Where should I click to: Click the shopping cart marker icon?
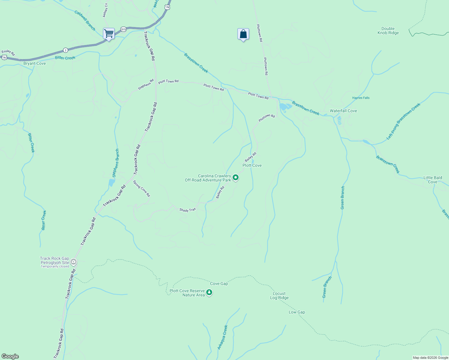[109, 34]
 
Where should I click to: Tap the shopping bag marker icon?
[243, 34]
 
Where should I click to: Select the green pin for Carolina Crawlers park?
[236, 178]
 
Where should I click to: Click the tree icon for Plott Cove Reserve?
[209, 292]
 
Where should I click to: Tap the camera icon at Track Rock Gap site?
[74, 262]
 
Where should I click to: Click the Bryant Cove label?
[35, 64]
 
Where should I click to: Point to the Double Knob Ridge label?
[388, 31]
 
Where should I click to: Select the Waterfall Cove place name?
[343, 111]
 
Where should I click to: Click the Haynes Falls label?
[361, 98]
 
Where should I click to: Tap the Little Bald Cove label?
[432, 180]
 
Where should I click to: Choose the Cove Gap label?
[219, 283]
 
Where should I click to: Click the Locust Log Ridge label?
[279, 296]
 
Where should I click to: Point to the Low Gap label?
[297, 312]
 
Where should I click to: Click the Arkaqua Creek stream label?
[223, 337]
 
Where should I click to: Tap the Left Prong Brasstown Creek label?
[403, 121]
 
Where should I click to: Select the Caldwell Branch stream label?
[85, 21]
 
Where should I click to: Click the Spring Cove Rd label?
[141, 188]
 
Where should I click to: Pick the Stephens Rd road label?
[146, 84]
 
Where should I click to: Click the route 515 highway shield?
[123, 29]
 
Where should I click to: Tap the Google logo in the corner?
[10, 356]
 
